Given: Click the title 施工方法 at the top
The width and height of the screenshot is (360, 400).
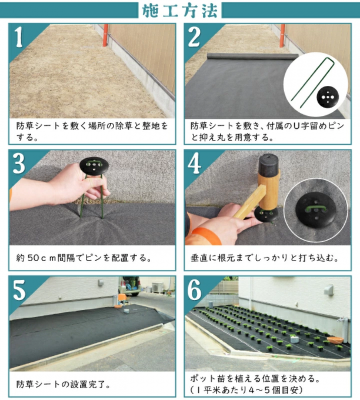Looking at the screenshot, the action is point(180,11).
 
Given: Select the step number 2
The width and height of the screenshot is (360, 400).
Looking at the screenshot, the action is point(195,36).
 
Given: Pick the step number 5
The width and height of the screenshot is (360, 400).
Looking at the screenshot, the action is point(19,290).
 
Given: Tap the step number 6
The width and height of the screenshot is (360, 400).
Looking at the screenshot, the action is point(195,290).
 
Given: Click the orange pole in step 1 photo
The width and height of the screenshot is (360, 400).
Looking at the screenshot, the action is point(105,35).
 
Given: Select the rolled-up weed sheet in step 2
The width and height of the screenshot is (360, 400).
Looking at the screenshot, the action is point(252,56).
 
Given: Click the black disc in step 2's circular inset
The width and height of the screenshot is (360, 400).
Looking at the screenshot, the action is point(328,97).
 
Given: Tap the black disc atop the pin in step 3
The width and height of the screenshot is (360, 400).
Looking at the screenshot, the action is point(94,166).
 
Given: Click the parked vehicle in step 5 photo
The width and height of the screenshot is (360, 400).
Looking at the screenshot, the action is point(131,285).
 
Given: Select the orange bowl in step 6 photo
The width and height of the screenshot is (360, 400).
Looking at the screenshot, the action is point(335,340).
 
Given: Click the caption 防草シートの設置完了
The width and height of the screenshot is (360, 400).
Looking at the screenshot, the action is point(63,384).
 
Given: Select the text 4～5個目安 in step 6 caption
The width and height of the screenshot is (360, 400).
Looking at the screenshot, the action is point(275,390).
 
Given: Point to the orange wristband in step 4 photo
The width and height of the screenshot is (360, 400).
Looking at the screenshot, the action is point(206,235).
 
